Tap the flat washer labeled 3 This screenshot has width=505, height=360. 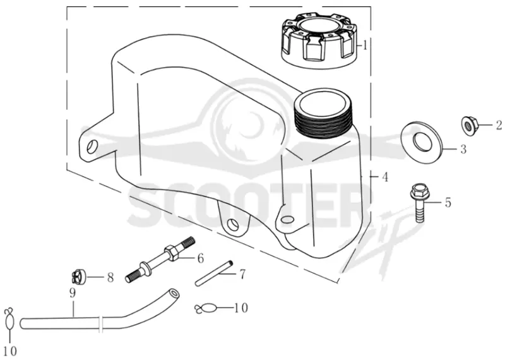click(x=422, y=142)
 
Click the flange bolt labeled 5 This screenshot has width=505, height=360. click(x=419, y=202)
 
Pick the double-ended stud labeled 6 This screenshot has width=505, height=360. click(x=160, y=260)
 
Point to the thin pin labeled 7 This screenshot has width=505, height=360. click(x=214, y=273)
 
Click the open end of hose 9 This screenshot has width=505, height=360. click(x=174, y=294)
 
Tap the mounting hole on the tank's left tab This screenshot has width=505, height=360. click(x=92, y=147)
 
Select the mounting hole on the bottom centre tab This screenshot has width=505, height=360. click(x=232, y=224)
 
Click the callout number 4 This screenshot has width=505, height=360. click(x=384, y=177)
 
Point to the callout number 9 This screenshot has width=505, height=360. click(x=72, y=293)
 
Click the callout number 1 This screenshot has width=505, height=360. click(x=365, y=45)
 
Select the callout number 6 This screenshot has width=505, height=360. click(x=200, y=258)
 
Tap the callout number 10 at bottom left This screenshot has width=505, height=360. click(x=9, y=351)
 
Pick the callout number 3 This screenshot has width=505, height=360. click(x=463, y=149)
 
